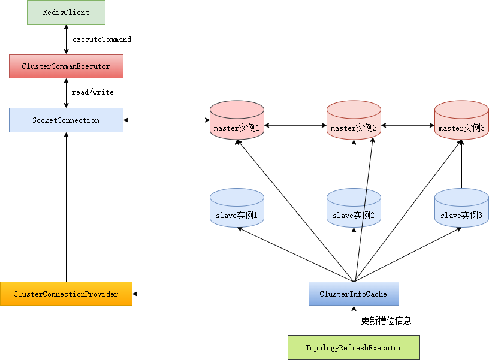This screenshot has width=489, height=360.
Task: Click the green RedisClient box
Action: [66, 12]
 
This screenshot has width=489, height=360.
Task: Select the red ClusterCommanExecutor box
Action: [66, 66]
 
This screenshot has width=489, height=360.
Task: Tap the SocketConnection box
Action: [66, 120]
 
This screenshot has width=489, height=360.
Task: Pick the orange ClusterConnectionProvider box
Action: [66, 294]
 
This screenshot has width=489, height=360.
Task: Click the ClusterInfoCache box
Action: [354, 294]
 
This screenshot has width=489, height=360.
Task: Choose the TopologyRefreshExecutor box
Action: [354, 347]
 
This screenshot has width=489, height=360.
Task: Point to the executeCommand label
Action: [102, 40]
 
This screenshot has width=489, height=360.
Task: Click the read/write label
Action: [93, 92]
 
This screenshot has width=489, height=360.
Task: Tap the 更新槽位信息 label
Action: [386, 320]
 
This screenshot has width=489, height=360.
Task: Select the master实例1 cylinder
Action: [237, 120]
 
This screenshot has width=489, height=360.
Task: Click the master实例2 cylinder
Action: [354, 120]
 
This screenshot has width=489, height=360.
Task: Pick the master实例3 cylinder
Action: [461, 120]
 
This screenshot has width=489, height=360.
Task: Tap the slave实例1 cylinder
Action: [237, 208]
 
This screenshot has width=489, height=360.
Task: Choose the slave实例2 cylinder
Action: [354, 208]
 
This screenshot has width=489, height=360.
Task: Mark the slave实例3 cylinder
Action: [461, 208]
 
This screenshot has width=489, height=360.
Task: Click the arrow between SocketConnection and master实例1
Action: [167, 120]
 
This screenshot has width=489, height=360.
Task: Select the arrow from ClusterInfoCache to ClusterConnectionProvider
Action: [221, 294]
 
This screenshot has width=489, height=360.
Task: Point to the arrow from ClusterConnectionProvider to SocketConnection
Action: [66, 207]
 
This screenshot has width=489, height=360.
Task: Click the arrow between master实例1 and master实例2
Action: [295, 125]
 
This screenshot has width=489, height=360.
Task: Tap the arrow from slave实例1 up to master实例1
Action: [237, 164]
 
